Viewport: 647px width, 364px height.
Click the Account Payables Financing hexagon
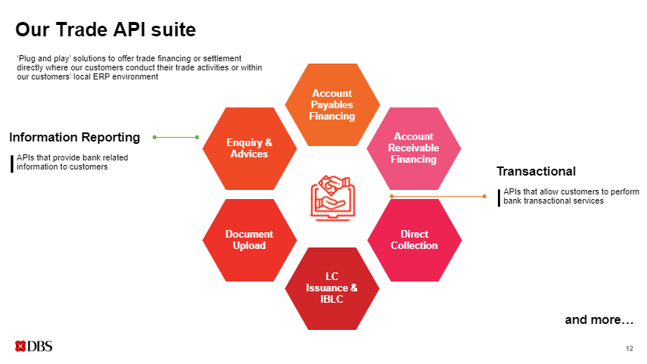point(331,105)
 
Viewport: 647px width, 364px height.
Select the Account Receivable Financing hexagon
point(414,148)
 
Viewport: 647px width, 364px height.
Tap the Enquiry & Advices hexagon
point(249,148)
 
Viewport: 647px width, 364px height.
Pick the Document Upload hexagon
point(249,240)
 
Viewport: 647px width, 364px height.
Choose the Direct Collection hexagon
point(414,240)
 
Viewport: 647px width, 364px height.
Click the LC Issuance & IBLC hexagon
point(331,288)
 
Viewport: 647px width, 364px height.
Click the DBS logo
point(33,347)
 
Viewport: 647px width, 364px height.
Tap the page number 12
point(630,348)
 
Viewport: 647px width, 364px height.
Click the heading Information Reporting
point(74,137)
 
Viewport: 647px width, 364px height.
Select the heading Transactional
point(536,171)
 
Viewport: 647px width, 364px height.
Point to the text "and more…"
point(599,320)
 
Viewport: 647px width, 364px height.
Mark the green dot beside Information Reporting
point(154,137)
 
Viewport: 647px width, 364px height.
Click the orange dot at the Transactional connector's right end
point(484,196)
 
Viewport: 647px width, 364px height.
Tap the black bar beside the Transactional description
point(499,197)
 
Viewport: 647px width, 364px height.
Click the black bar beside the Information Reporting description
point(12,163)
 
